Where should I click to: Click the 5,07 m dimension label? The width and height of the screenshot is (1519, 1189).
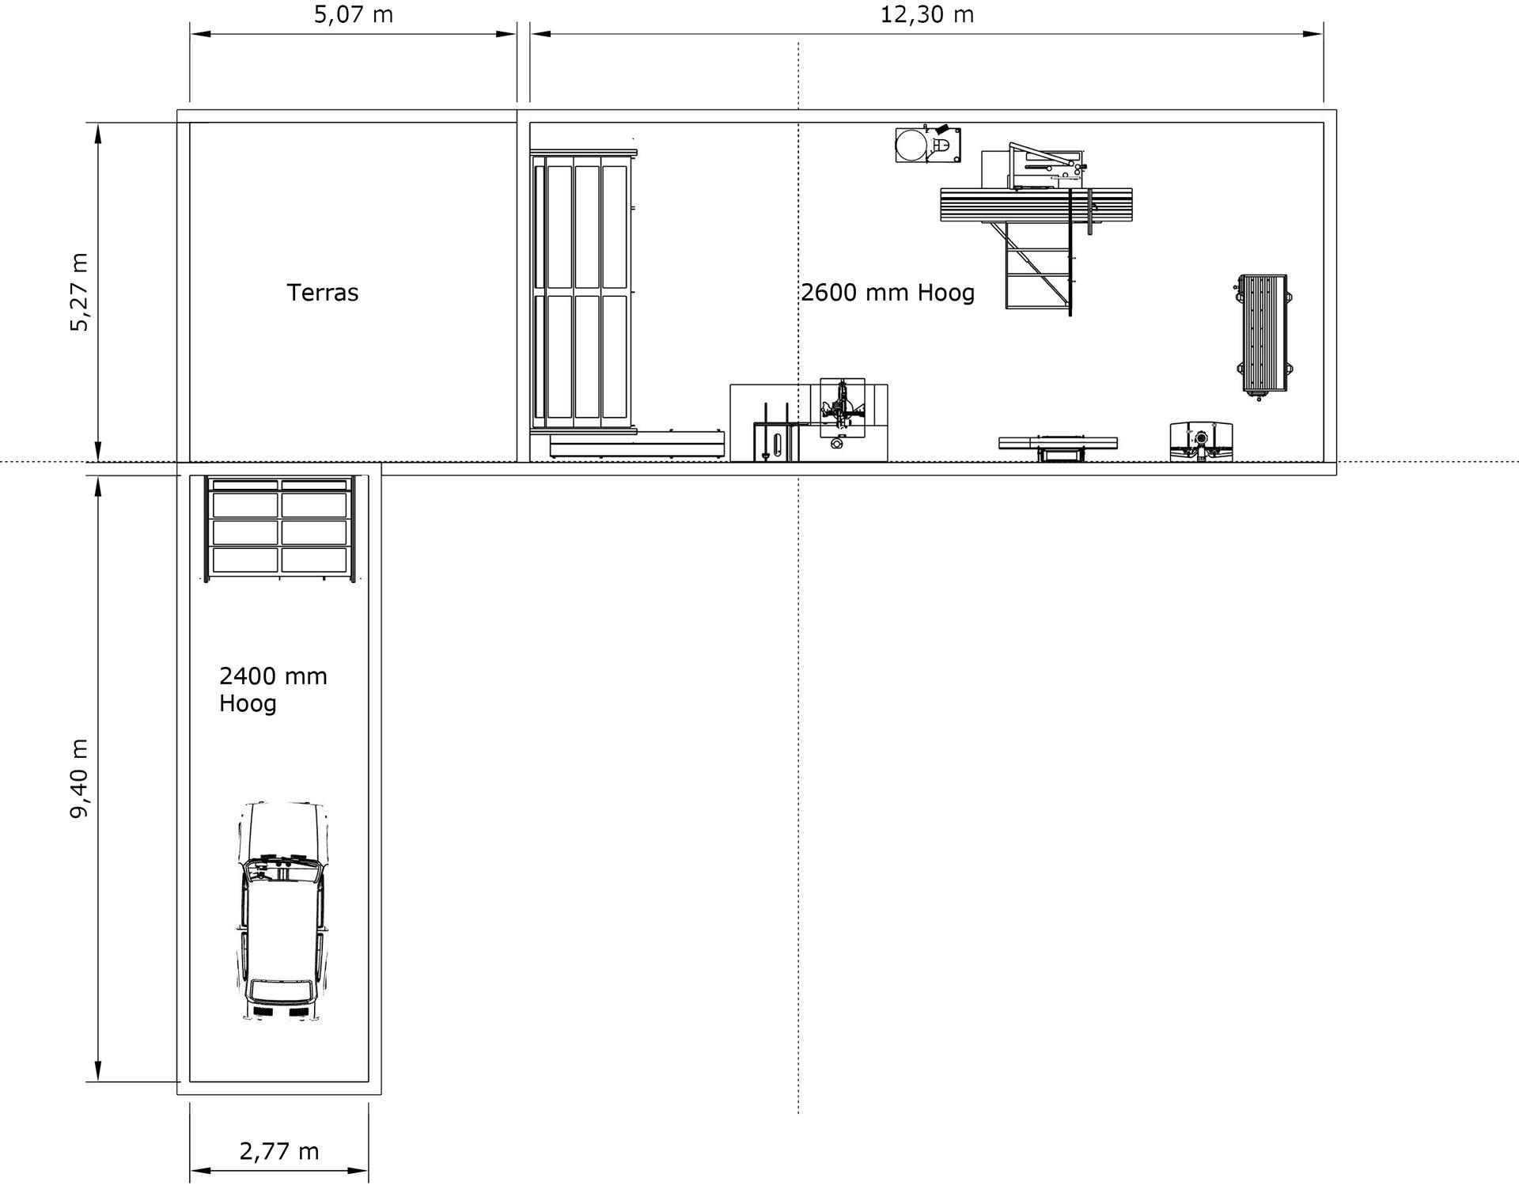pyautogui.click(x=354, y=15)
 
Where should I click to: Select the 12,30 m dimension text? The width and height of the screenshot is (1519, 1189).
pyautogui.click(x=926, y=15)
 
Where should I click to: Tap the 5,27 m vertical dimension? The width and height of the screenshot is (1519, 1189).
pyautogui.click(x=80, y=292)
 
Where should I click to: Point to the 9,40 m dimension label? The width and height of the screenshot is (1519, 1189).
pyautogui.click(x=80, y=778)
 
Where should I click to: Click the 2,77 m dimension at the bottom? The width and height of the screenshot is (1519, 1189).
pyautogui.click(x=279, y=1151)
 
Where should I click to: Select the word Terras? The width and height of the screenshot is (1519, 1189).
pyautogui.click(x=322, y=293)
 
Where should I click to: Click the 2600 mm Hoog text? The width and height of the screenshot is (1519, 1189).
pyautogui.click(x=888, y=293)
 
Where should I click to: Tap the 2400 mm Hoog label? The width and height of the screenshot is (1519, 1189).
pyautogui.click(x=272, y=689)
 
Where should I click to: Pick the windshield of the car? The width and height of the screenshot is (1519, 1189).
pyautogui.click(x=282, y=871)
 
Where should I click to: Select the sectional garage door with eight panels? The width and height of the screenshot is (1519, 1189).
pyautogui.click(x=280, y=527)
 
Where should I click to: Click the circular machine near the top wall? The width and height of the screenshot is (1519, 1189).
pyautogui.click(x=911, y=146)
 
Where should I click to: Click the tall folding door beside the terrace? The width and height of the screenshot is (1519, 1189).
pyautogui.click(x=584, y=291)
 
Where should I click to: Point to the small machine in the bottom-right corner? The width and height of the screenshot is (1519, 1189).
pyautogui.click(x=1201, y=441)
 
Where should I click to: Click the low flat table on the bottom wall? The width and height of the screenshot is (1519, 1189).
pyautogui.click(x=1058, y=444)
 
